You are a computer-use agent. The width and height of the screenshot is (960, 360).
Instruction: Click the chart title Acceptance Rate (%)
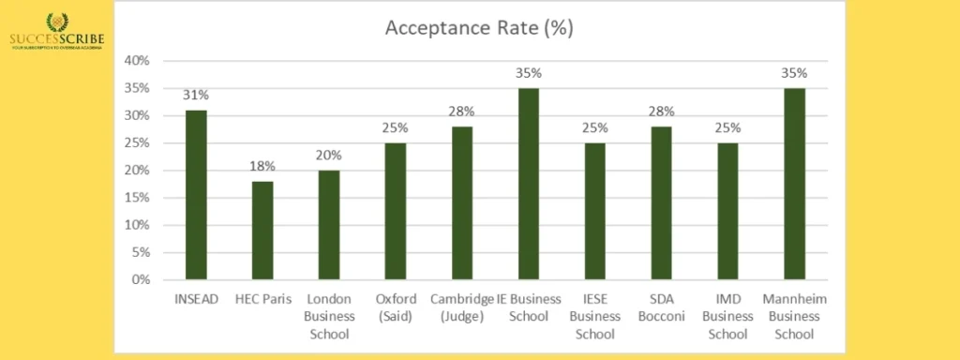[x=479, y=29]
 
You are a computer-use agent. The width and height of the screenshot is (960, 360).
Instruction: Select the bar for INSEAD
[x=195, y=194]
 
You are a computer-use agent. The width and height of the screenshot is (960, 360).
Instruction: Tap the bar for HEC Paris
[x=263, y=230]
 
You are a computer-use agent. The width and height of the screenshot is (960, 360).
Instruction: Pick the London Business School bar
[x=331, y=225]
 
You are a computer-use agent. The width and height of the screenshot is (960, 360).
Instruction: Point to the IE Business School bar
[x=529, y=184]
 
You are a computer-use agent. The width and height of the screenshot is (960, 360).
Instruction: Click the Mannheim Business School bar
[x=795, y=184]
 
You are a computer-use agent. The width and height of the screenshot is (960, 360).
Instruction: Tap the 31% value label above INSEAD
[x=195, y=95]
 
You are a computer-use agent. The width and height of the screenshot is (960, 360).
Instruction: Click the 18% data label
[x=263, y=166]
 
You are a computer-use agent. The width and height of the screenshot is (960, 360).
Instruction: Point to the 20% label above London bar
[x=331, y=155]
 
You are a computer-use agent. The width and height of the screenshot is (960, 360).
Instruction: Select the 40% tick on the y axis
[x=137, y=61]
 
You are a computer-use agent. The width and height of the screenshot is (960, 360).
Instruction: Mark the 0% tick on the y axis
[x=141, y=279]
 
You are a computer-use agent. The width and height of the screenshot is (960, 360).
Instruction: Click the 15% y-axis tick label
[x=137, y=198]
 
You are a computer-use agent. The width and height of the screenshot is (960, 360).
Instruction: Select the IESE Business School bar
[x=597, y=211]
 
